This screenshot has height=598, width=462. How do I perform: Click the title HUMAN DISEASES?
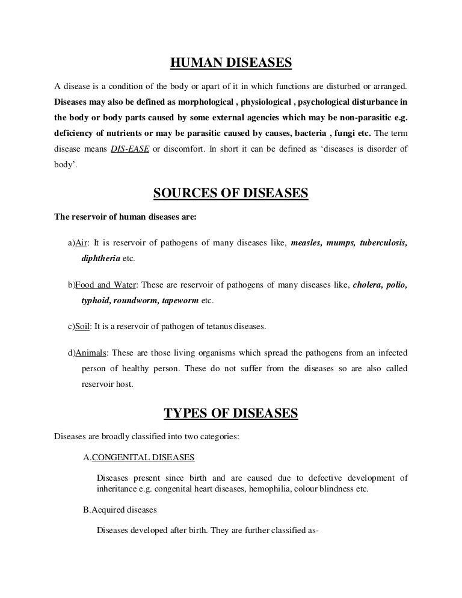coord(231,62)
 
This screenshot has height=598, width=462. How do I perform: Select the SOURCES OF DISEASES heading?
coord(231,193)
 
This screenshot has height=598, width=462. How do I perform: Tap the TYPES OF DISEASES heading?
coord(231,413)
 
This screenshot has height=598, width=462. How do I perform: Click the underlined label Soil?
coord(82,326)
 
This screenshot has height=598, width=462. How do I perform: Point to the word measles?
coord(306,243)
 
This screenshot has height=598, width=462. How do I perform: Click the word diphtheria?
coord(100,258)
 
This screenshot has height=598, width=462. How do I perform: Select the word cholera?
coord(368,284)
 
